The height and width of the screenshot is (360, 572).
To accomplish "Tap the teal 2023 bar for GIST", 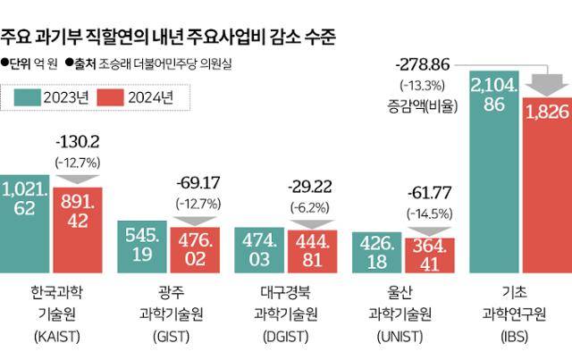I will tap(144, 245).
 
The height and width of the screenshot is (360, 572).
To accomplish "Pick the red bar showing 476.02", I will tap(195, 250).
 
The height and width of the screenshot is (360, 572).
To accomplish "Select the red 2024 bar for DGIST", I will tap(313, 250).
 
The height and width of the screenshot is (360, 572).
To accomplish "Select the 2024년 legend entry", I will tap(136, 97).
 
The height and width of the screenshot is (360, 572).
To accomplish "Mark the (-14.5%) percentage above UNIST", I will tap(430, 215).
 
